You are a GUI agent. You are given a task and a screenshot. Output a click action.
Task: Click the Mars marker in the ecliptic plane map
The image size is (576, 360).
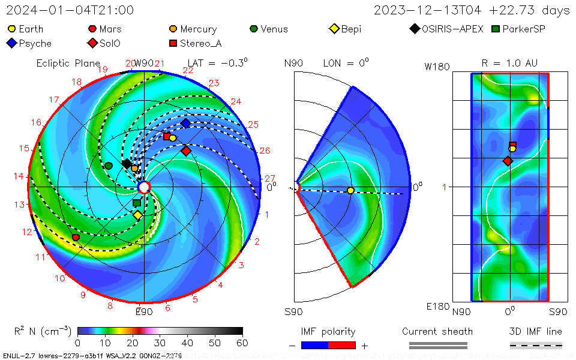(x=76, y=238)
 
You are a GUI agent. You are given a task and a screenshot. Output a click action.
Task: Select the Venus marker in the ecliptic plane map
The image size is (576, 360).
(x=109, y=166)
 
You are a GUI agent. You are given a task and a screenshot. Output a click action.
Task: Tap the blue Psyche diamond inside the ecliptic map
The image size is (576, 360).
(x=185, y=123)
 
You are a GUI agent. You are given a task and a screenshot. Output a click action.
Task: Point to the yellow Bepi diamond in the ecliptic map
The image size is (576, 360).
(x=137, y=215)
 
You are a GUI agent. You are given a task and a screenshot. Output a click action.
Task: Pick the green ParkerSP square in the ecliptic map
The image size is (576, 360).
(x=137, y=203)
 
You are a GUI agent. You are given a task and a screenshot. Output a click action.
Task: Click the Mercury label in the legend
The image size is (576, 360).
(x=198, y=29)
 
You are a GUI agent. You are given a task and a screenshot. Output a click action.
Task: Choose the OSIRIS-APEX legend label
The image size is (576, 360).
(x=452, y=29)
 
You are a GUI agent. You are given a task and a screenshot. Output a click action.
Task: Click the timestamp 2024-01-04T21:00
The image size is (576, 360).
(x=70, y=10)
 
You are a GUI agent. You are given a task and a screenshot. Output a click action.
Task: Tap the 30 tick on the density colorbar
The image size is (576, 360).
(x=160, y=343)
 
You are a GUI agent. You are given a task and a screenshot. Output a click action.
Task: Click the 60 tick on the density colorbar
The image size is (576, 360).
(x=242, y=343)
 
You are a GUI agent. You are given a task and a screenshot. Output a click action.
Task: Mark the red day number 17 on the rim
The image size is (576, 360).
(x=54, y=100)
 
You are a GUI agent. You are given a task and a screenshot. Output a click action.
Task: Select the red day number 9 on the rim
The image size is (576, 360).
(x=83, y=295)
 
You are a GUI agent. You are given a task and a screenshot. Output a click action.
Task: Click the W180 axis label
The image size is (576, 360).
(x=437, y=67)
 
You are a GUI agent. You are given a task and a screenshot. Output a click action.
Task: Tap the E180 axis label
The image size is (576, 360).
(x=437, y=306)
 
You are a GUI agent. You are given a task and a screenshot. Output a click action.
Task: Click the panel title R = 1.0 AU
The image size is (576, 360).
(x=509, y=63)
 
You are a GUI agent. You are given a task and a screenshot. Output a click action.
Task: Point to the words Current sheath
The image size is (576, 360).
(x=437, y=331)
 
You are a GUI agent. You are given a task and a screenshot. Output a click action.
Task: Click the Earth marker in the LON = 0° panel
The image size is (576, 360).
(x=350, y=191)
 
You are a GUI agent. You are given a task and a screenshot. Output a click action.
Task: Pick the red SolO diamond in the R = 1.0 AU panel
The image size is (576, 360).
(x=508, y=161)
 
